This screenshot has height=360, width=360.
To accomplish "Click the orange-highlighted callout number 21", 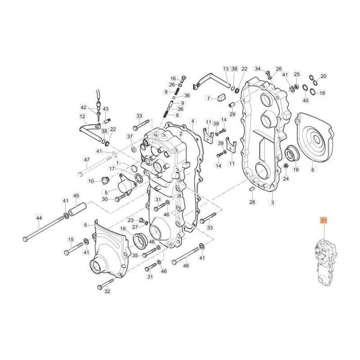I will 323,220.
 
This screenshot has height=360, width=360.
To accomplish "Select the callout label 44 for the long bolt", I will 39,217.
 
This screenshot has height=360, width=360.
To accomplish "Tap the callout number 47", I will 86,160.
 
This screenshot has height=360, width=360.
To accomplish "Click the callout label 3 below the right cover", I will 271,203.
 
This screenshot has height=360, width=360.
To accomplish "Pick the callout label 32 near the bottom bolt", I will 107,292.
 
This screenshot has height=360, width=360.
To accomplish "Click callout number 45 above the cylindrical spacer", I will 76,196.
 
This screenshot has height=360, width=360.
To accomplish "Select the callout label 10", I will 91,181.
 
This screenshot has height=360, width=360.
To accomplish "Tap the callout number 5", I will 106,192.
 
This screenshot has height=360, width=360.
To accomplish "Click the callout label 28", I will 252,203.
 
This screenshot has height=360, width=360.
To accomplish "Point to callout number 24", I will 286,179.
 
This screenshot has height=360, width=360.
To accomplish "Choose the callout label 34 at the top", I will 258,69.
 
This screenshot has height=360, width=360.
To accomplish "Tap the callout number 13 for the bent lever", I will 226,69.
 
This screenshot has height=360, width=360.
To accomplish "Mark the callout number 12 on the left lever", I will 82,117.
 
